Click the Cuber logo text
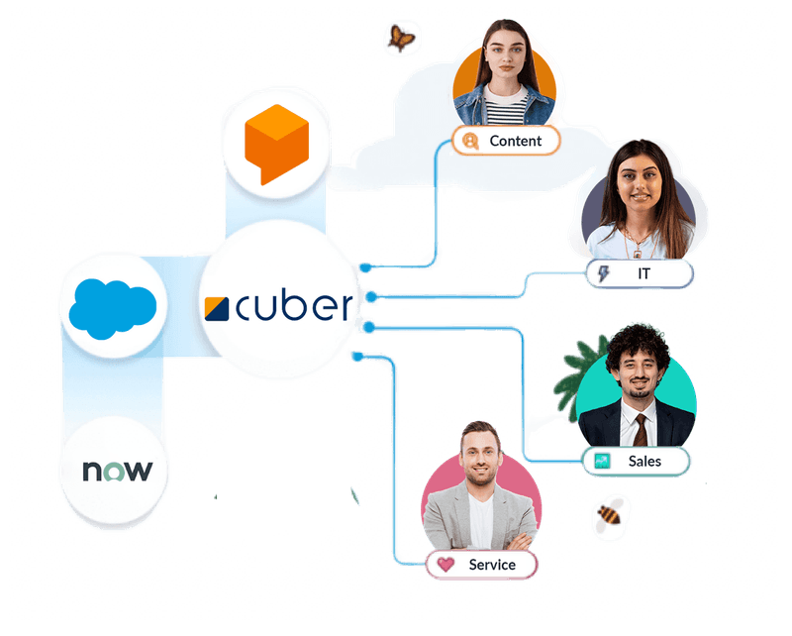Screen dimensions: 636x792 tap(293, 308)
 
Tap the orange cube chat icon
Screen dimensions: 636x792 tap(272, 143)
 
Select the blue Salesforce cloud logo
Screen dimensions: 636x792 tap(113, 303)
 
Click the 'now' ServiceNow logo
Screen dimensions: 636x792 tap(112, 470)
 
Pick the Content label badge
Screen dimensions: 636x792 tap(506, 141)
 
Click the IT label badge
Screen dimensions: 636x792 tap(640, 273)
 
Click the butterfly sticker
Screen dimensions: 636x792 tap(401, 39)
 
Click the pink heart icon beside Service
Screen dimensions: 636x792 tap(445, 565)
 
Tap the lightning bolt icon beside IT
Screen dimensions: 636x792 tap(605, 273)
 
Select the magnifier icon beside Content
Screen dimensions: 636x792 tap(470, 141)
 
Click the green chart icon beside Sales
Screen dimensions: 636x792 tap(601, 461)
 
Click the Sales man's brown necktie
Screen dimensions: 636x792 tap(642, 427)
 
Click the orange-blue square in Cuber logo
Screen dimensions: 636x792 tap(219, 308)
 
